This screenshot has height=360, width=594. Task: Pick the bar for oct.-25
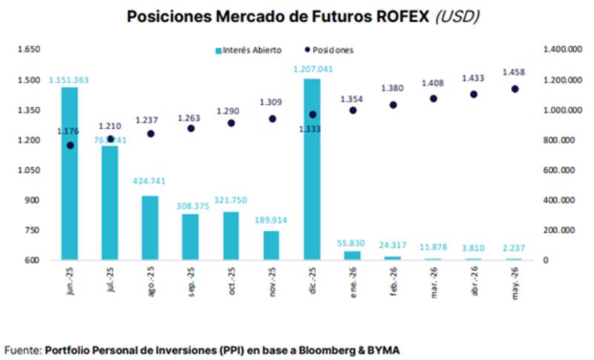(231, 235)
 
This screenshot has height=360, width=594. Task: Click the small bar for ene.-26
(352, 255)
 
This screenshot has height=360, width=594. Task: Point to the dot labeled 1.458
(514, 89)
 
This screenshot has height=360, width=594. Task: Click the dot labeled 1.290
(231, 123)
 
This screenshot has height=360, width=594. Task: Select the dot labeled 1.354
(352, 110)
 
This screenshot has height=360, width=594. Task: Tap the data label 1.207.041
(312, 69)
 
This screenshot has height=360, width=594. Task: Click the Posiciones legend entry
(329, 50)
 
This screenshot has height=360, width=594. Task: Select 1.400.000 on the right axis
(561, 50)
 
